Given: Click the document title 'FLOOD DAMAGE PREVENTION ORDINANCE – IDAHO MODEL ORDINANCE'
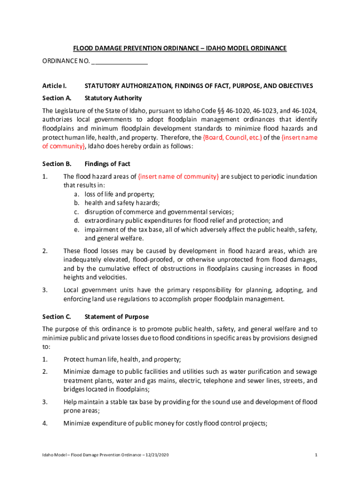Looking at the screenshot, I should (x=180, y=49).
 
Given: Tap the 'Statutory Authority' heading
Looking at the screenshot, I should (x=113, y=98).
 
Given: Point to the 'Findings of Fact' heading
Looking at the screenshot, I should (x=107, y=164).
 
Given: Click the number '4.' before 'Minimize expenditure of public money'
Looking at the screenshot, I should (x=45, y=424).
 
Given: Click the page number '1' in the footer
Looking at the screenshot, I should (x=317, y=455).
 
